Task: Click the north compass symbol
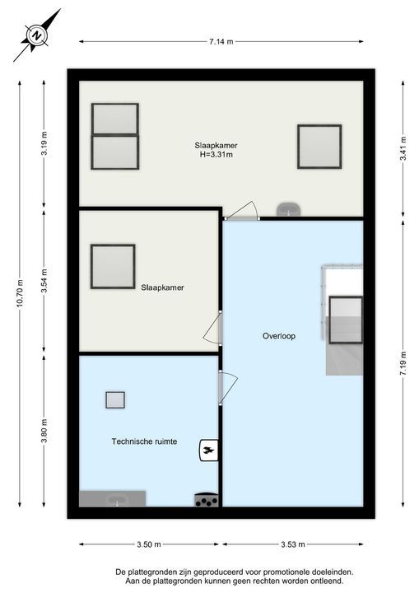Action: (x=37, y=35)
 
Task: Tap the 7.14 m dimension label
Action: (x=221, y=42)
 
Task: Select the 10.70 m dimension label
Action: (x=20, y=294)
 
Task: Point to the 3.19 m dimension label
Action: (x=44, y=143)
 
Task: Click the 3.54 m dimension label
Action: (x=44, y=280)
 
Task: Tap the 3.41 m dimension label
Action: (x=403, y=148)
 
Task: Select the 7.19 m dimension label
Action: (x=403, y=363)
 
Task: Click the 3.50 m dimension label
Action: (x=149, y=544)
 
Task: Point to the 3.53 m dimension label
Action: (x=293, y=544)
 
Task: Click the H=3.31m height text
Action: (x=216, y=154)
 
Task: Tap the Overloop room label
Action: (x=279, y=336)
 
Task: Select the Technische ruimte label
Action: (x=144, y=441)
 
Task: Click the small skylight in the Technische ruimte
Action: (x=115, y=399)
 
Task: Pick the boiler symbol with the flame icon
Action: (x=209, y=450)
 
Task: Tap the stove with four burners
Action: (x=207, y=500)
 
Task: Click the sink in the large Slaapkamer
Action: (x=289, y=209)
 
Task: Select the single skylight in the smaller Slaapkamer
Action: (x=113, y=267)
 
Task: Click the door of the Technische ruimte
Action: (x=228, y=388)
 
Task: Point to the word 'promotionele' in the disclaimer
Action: (x=285, y=572)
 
